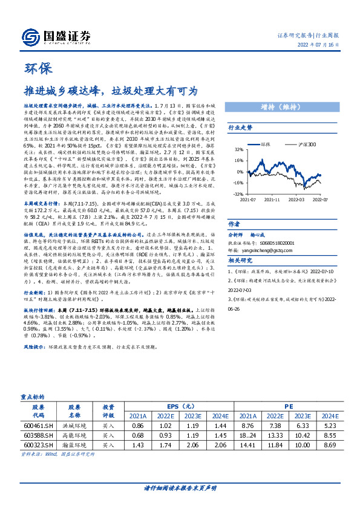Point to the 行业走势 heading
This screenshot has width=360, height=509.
[x=240, y=128]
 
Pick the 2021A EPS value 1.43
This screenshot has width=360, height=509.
[x=137, y=446]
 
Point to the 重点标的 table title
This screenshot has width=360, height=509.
[x=32, y=398]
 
